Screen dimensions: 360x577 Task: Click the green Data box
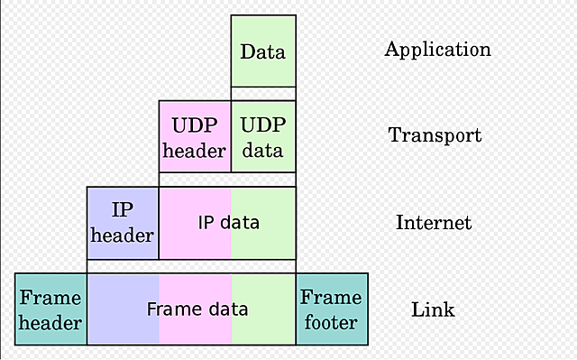coord(263,51)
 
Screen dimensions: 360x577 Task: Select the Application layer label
coord(437,49)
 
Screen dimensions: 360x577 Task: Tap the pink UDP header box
coord(195,136)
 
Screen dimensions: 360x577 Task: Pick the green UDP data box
coord(263,136)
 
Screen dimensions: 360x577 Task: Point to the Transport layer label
coord(435,135)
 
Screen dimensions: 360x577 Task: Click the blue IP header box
coord(123,223)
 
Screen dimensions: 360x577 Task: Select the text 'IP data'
coord(228,222)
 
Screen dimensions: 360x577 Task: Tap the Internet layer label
coord(433,222)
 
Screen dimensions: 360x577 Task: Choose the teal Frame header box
coord(50,309)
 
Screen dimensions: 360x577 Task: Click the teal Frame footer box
coord(332,309)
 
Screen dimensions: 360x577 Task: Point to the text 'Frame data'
coord(197,309)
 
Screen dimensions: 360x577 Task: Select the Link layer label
coord(433,309)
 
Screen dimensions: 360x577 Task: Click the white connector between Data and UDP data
coord(263,93)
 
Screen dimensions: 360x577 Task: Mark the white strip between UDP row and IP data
coord(227,180)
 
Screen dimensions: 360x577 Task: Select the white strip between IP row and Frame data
coord(191,266)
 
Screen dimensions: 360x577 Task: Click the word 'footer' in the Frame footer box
coord(332,322)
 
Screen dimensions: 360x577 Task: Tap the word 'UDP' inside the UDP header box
coord(195,125)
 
